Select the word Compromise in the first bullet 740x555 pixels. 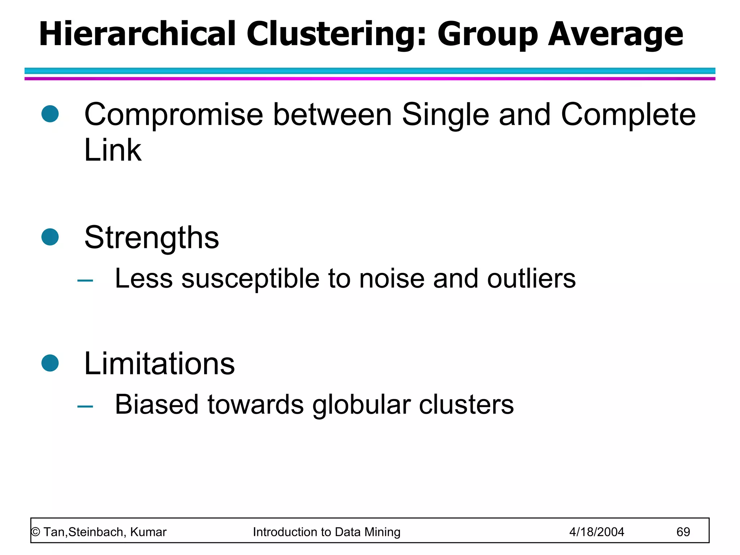coord(173,115)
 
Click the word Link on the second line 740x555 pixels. coord(112,150)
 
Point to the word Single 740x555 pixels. coord(446,115)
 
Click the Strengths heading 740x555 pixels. coord(151,238)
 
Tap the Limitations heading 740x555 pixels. coord(159,363)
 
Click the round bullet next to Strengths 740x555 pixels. coord(50,237)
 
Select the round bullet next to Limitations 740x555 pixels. coord(50,363)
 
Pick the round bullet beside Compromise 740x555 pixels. coord(50,114)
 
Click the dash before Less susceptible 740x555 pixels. coord(85,280)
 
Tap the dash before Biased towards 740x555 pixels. coord(85,406)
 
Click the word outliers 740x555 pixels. coord(531,279)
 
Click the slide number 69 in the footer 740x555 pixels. coord(683,532)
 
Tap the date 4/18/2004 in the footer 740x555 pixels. coord(597,532)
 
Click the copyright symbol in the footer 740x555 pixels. coord(35,532)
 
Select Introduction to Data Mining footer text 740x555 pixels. coord(327,532)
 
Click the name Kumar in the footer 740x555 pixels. coord(148,532)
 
